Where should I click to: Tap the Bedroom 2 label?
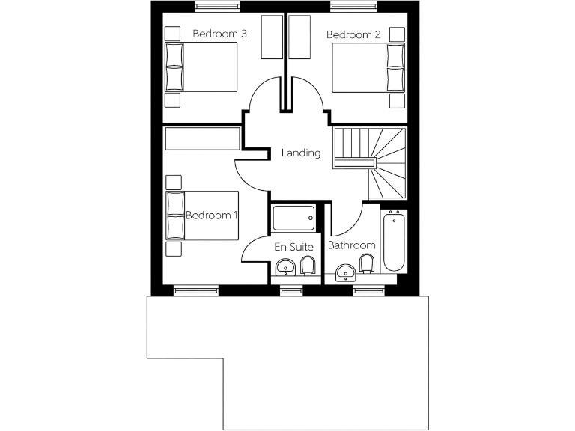tap(354, 34)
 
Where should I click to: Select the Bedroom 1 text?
tap(211, 215)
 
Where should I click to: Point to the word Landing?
tap(300, 153)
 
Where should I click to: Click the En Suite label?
tap(293, 245)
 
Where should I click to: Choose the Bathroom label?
tap(351, 245)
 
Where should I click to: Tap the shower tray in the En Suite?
tap(293, 218)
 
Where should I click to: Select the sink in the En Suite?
tap(285, 266)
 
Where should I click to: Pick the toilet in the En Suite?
tap(308, 265)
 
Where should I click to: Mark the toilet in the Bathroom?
tap(367, 264)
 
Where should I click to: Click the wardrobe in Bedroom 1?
tap(203, 138)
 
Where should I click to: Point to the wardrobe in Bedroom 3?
tap(271, 37)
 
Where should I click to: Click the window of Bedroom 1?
tap(196, 290)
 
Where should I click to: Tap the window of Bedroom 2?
tap(353, 7)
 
